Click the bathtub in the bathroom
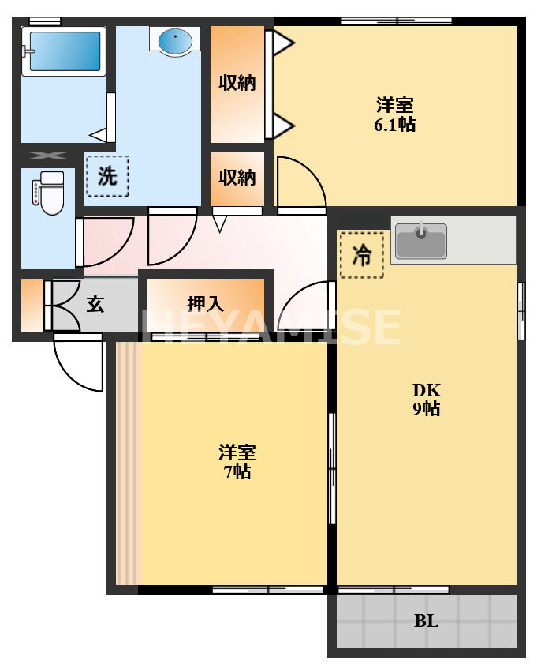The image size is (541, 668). (64, 51)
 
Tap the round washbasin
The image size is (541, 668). (173, 39)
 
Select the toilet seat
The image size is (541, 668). (52, 197)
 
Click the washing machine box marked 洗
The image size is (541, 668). (106, 176)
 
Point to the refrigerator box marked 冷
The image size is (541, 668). (361, 254)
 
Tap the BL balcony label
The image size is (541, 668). (426, 621)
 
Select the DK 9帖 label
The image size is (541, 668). (426, 399)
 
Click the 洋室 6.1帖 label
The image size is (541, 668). (395, 114)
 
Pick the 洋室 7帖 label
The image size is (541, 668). (237, 462)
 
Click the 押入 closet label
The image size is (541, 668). (205, 303)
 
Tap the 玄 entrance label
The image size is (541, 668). (95, 304)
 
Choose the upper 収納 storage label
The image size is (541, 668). (237, 82)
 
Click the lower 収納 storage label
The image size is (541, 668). (237, 178)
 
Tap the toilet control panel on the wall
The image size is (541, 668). (35, 193)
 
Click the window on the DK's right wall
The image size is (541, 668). (520, 310)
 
